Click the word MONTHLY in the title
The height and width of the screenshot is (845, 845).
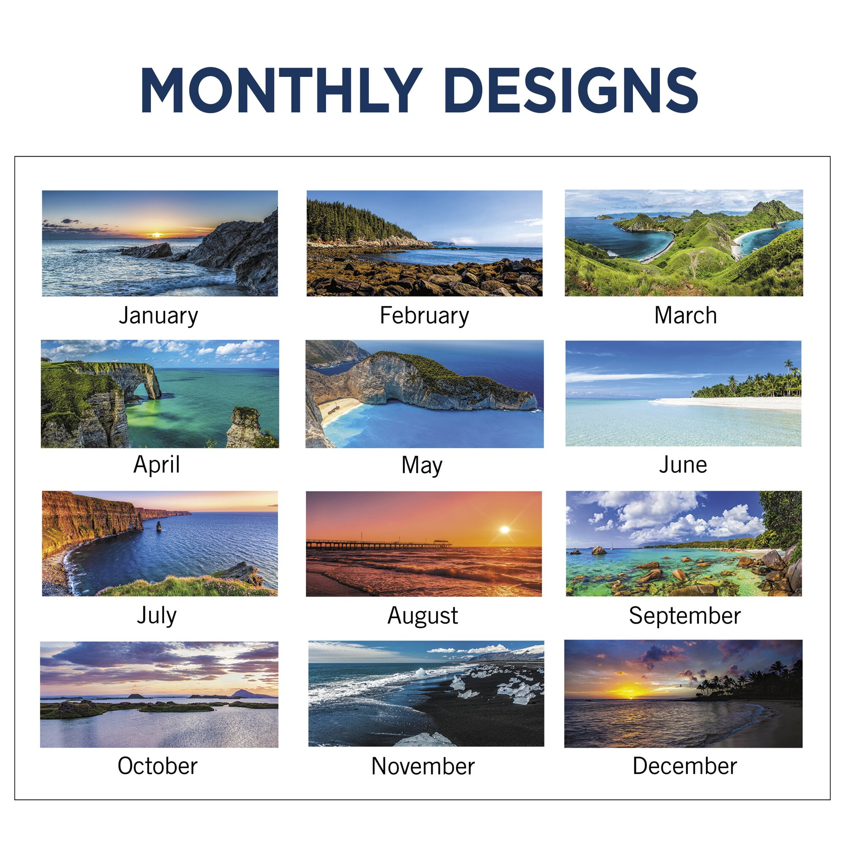coord(281,90)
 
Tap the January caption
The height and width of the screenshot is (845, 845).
coord(158,316)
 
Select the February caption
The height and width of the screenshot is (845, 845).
coord(424,316)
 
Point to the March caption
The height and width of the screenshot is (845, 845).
coord(685,315)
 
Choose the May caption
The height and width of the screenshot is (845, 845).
coord(422,465)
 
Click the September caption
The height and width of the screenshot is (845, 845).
coord(684,616)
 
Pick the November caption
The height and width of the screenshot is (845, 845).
coord(423,766)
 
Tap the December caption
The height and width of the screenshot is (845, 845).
coord(684,766)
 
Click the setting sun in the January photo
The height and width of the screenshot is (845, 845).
coord(156,235)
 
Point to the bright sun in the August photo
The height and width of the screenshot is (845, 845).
coord(504,530)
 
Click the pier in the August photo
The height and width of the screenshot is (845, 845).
coord(379,544)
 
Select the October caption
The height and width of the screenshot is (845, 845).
coord(158,766)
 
